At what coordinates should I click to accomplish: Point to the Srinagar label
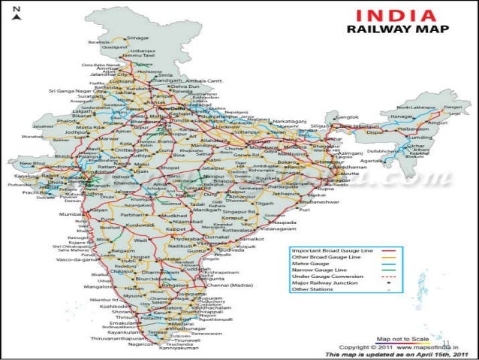point(138,37)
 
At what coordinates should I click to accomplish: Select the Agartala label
point(369,160)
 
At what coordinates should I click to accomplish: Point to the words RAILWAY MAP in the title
point(396,30)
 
